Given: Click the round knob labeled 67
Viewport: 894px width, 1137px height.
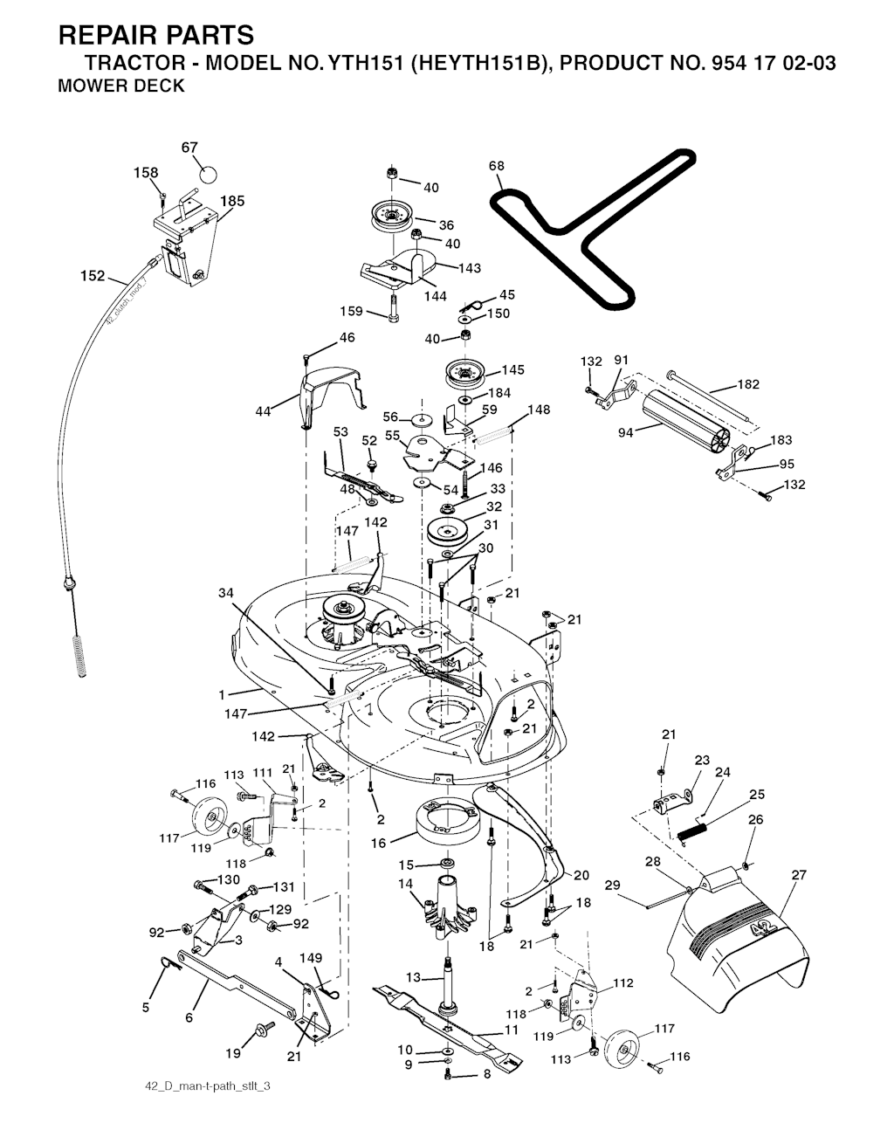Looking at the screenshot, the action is (x=209, y=174).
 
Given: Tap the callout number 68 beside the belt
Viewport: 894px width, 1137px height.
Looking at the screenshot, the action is (x=497, y=166).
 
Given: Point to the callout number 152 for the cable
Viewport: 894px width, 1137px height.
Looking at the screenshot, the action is (x=93, y=276).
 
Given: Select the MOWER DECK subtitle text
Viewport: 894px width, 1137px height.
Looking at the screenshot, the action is (x=121, y=86).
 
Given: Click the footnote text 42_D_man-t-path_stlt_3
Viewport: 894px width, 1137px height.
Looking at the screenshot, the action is (x=208, y=1085).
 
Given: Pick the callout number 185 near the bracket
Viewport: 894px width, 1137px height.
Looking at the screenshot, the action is (x=232, y=201).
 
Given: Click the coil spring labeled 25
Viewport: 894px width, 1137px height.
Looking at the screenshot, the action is (x=693, y=831).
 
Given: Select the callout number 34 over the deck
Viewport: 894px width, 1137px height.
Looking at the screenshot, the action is (x=225, y=593).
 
